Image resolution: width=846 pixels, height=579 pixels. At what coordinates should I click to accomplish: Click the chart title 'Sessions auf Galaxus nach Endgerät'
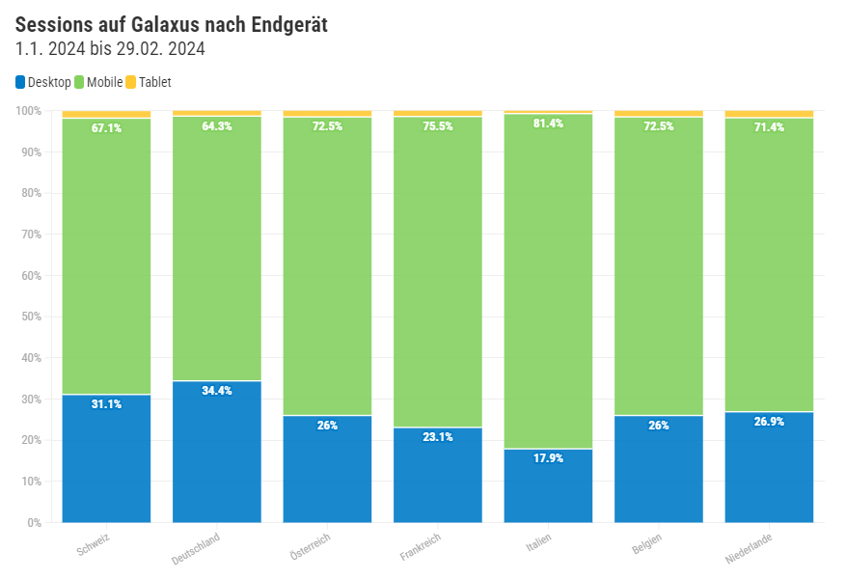172,25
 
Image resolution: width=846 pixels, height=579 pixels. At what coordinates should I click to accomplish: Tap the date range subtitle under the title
110,49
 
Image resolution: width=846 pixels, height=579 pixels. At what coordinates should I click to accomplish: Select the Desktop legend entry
43,82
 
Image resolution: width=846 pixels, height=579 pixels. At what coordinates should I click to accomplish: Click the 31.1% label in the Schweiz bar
106,404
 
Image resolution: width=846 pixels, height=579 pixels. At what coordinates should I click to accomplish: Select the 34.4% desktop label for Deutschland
217,391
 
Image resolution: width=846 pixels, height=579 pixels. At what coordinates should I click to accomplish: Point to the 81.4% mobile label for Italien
548,124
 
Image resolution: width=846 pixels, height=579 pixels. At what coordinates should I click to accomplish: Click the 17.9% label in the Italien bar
548,458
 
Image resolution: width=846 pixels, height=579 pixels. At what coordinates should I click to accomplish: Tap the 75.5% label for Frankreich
437,126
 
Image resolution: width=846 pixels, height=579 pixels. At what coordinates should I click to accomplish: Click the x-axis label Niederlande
750,548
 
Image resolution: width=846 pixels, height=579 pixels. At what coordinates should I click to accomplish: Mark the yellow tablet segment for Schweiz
106,114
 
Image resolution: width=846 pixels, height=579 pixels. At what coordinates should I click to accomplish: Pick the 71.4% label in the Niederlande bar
769,127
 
